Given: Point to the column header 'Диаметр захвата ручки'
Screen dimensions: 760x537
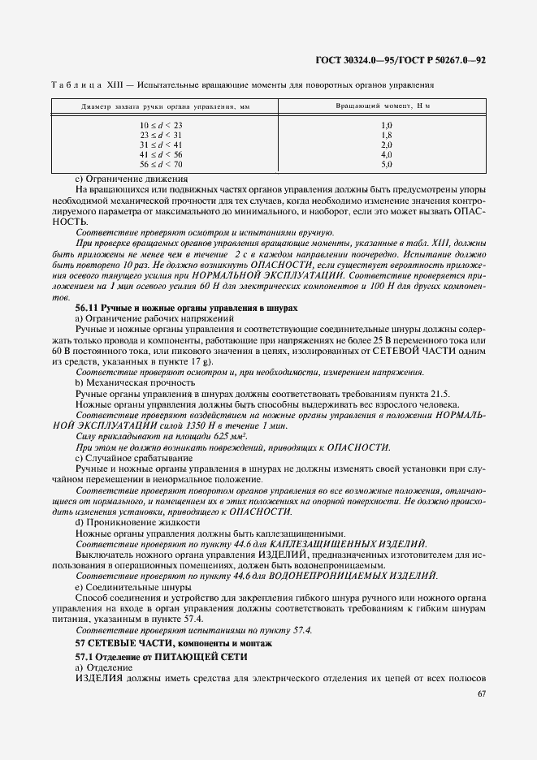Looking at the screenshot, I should [x=157, y=107].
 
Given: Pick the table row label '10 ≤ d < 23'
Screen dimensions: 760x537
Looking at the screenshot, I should [x=161, y=125].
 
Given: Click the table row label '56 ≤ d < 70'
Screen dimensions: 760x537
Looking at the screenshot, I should [x=161, y=164].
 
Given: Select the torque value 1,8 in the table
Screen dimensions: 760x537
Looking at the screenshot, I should [x=387, y=135].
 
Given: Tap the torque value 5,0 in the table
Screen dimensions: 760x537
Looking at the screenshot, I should [x=387, y=164].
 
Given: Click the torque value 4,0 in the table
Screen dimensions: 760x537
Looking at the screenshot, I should [x=387, y=154].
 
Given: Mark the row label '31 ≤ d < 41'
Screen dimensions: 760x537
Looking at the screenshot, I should [x=161, y=145].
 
